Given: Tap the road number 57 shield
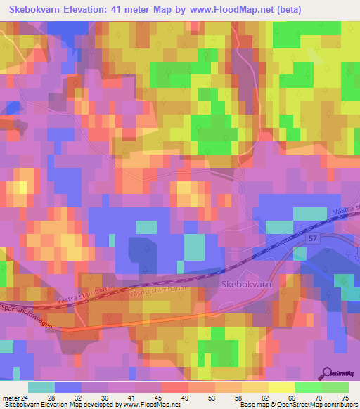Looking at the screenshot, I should pyautogui.click(x=314, y=240).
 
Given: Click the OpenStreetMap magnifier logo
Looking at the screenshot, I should pyautogui.click(x=327, y=374).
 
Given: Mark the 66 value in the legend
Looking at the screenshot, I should pyautogui.click(x=291, y=397).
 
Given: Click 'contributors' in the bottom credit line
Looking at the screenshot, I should pyautogui.click(x=339, y=405).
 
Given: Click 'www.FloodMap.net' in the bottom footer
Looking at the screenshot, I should pyautogui.click(x=149, y=405).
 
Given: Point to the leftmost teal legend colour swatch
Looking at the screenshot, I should pyautogui.click(x=41, y=387).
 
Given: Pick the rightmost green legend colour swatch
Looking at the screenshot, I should pyautogui.click(x=336, y=387).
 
